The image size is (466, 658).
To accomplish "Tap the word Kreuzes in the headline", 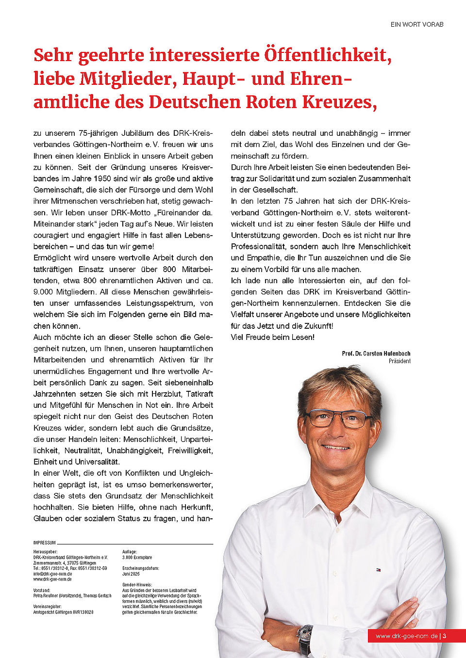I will [x=339, y=102].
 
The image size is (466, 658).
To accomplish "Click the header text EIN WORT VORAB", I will [x=417, y=24].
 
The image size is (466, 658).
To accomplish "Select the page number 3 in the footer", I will [x=444, y=636].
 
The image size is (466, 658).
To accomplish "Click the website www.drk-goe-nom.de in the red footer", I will [x=406, y=636].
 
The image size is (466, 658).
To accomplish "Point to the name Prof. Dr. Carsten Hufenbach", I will [x=376, y=353].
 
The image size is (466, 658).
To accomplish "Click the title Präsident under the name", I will [x=399, y=361].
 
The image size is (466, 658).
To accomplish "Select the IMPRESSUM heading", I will [x=44, y=543].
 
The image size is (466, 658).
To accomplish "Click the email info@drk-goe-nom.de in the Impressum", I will [x=52, y=574].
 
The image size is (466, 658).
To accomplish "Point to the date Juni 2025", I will [x=131, y=574].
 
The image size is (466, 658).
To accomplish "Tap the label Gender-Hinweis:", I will [x=137, y=585].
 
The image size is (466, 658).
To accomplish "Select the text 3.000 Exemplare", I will [x=137, y=558].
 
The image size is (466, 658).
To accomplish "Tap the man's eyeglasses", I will [x=338, y=418].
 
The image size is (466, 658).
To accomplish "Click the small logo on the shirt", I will [x=378, y=570].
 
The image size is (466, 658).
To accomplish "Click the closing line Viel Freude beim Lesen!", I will [x=272, y=337].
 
